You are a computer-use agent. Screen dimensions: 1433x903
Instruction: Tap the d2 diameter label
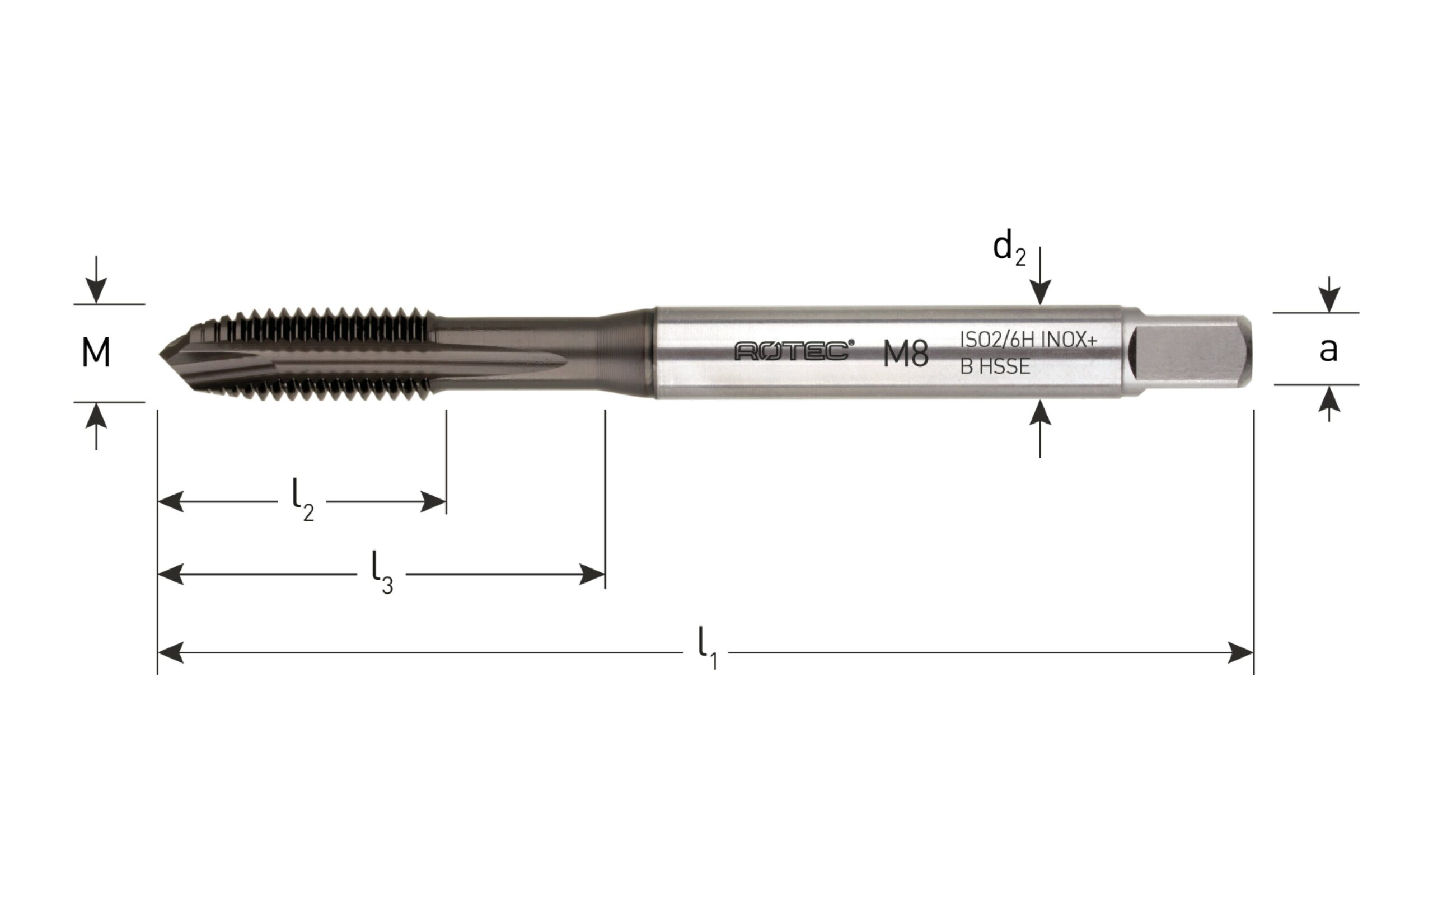click(x=1009, y=249)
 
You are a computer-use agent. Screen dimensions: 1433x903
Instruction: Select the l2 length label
click(x=303, y=506)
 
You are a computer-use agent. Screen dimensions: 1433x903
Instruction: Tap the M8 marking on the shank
click(x=906, y=354)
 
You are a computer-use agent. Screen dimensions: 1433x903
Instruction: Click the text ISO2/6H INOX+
click(x=1028, y=340)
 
